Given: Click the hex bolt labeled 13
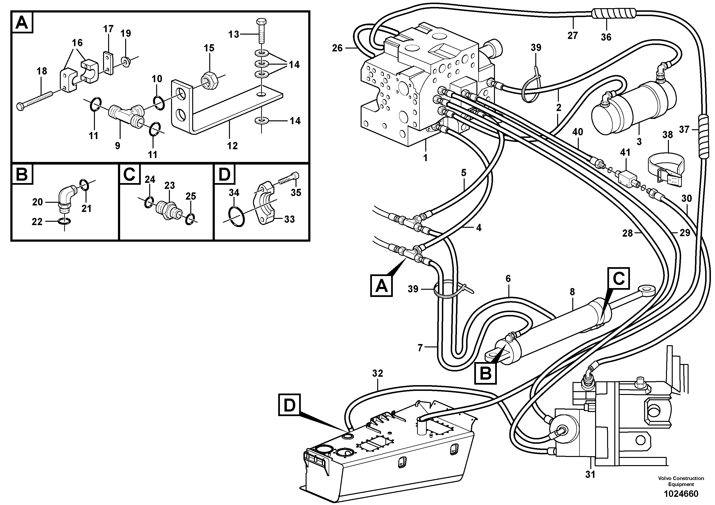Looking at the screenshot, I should click(261, 31).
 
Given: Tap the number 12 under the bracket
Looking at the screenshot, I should click(232, 146).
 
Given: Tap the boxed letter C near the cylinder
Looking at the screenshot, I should click(618, 278).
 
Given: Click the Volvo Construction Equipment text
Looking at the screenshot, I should click(681, 481).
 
